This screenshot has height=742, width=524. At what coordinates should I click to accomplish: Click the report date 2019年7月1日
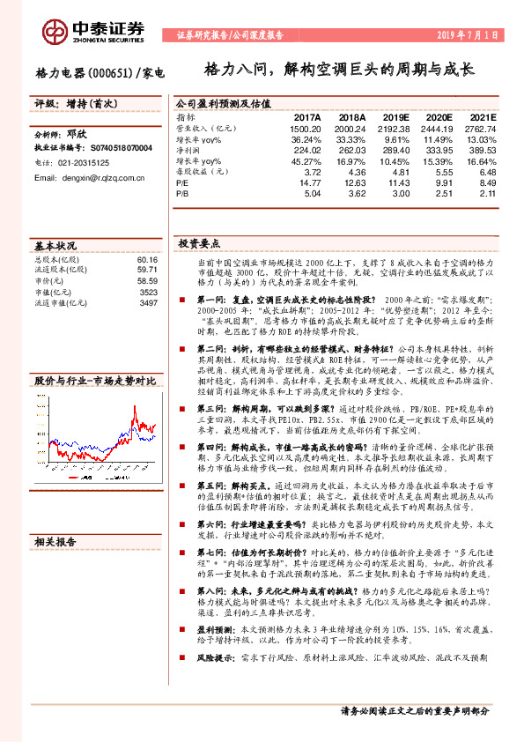point(469,35)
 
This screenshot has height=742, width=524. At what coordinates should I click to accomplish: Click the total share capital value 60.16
point(146,260)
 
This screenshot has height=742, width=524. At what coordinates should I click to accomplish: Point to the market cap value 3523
point(149,292)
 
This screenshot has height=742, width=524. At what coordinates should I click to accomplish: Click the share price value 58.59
point(146,281)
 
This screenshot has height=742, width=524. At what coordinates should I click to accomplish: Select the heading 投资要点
point(199,242)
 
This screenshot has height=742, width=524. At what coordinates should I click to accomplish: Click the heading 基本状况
point(55,245)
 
